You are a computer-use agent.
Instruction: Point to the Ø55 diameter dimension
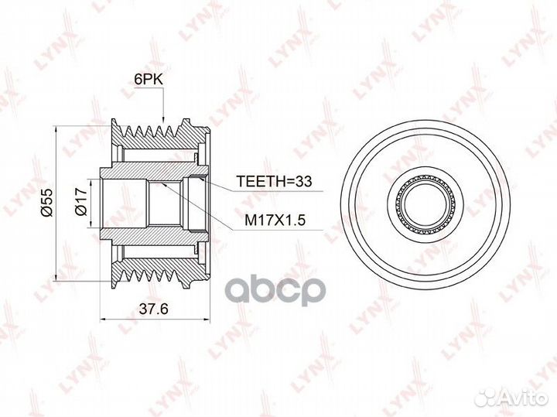pos(46,200)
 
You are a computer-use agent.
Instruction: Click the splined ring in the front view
pos(422,183)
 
